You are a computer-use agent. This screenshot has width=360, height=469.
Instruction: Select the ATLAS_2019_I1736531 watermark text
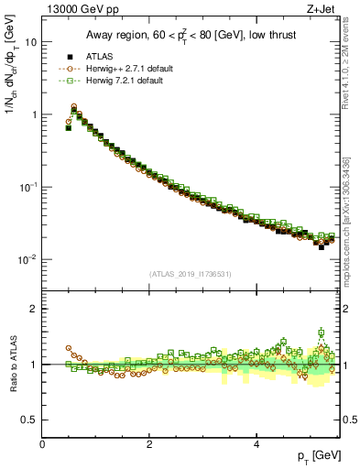pyautogui.click(x=191, y=274)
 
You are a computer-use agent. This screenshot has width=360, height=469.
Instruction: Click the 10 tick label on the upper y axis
pyautogui.click(x=30, y=42)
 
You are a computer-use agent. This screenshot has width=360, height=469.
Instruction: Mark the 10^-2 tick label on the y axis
pyautogui.click(x=27, y=259)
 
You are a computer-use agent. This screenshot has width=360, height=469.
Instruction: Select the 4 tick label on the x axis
pyautogui.click(x=256, y=445)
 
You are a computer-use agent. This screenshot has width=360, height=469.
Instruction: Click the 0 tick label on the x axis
pyautogui.click(x=43, y=445)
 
